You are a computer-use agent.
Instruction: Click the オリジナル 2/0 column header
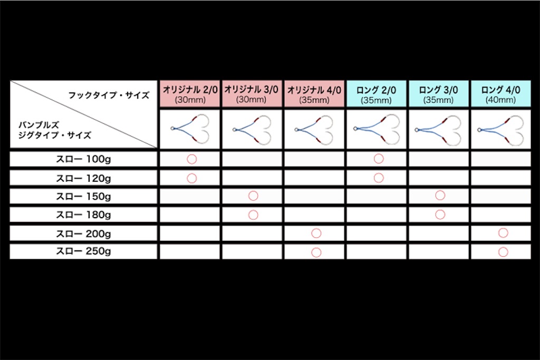tap(190, 94)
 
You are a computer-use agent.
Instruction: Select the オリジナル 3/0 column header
tap(252, 94)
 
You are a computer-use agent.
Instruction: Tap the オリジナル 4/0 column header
tap(314, 94)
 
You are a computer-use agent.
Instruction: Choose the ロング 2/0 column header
tap(377, 94)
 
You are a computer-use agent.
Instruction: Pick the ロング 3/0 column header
tap(439, 94)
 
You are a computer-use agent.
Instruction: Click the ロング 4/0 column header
tap(501, 94)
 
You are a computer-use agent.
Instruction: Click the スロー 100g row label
tap(83, 159)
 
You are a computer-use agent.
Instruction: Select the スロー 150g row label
tap(83, 197)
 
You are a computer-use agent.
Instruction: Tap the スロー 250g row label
tap(83, 251)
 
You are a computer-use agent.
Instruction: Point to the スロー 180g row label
tap(83, 215)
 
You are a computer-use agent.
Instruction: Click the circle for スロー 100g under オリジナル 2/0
tap(192, 154)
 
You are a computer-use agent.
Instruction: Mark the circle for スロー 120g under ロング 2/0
tap(379, 173)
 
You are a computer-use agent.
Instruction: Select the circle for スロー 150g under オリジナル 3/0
tap(253, 191)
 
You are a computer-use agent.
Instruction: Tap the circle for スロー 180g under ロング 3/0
tap(440, 210)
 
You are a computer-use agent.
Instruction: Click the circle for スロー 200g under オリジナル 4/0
tap(316, 229)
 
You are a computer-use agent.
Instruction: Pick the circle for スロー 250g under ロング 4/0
tap(503, 247)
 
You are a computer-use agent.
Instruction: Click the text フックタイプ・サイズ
tap(109, 95)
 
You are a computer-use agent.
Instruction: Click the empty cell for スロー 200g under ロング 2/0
tap(377, 233)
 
